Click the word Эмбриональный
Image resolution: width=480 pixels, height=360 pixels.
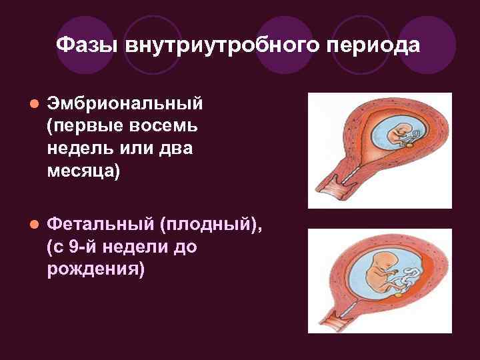[125, 105]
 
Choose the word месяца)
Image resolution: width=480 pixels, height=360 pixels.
[84, 170]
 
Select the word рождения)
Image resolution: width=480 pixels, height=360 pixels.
[95, 269]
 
